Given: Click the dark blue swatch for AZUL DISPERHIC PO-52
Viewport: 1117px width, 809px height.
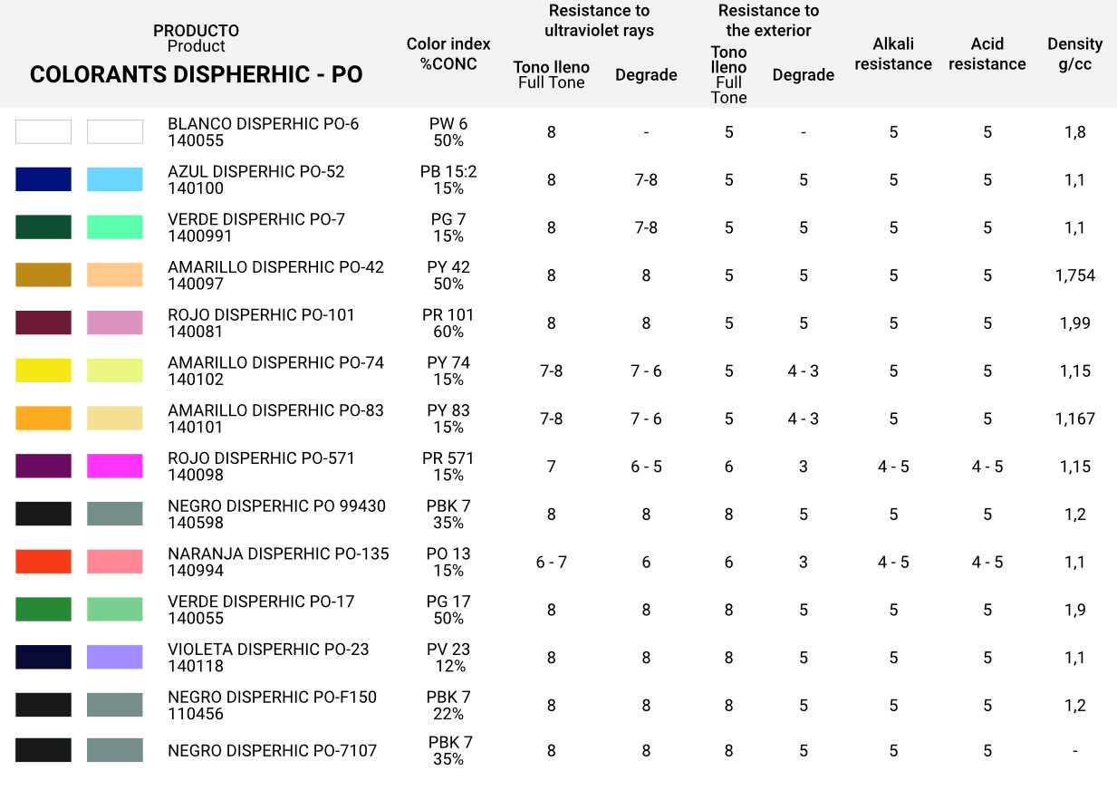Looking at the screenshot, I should click(x=43, y=179).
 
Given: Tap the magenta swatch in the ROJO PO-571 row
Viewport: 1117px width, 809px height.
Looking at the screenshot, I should click(x=115, y=466).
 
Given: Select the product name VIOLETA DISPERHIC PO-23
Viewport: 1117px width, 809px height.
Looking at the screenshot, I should click(x=268, y=650).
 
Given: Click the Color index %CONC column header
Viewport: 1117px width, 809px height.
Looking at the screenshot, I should click(x=448, y=53).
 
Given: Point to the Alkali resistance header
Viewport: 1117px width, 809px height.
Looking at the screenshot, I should click(x=892, y=53).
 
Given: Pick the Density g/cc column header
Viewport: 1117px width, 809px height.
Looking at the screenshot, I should click(x=1074, y=53).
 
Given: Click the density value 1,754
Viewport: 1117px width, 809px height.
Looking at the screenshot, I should click(x=1074, y=275).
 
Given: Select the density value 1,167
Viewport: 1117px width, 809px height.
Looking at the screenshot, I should click(x=1074, y=419).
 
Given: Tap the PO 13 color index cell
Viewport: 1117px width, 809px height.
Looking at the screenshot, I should click(x=448, y=562).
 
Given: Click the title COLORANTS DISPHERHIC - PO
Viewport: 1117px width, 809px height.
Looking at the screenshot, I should click(x=197, y=75).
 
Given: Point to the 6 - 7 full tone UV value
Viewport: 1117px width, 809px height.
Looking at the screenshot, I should click(x=551, y=563).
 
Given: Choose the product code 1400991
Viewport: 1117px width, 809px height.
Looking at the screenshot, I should click(x=200, y=236).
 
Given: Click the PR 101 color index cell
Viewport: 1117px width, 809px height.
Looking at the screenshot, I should click(x=448, y=323).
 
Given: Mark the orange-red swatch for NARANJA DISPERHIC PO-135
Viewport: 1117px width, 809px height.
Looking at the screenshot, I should click(x=43, y=562).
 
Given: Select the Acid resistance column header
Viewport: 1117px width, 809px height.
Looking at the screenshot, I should click(x=987, y=53).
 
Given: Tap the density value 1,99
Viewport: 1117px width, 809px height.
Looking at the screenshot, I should click(x=1074, y=323).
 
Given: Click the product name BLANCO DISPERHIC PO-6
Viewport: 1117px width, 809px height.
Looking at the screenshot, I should click(x=263, y=124).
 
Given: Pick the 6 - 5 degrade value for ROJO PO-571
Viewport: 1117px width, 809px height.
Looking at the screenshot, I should click(x=646, y=467).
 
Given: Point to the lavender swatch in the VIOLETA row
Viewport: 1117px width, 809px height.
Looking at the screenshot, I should click(x=115, y=657).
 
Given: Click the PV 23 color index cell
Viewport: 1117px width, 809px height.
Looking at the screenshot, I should click(x=448, y=657).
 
